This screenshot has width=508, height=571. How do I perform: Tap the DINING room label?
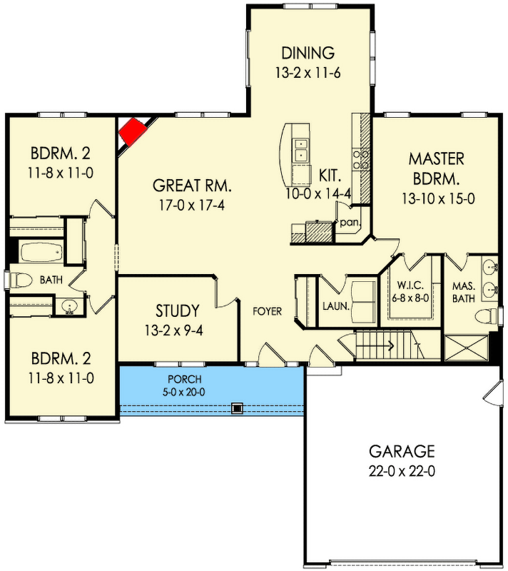point(308,53)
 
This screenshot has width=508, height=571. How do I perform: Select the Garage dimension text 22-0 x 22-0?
point(401,471)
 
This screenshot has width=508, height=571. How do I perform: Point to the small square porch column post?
point(237,408)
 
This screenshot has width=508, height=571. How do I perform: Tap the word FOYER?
point(267,311)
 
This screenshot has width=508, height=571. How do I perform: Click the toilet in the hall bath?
point(20,279)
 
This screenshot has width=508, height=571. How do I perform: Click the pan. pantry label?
point(349,223)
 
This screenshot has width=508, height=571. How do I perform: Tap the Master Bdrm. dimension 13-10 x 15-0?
point(436,199)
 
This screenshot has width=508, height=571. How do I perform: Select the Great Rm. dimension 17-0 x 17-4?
point(192,206)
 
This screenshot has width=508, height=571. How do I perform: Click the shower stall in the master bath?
point(466,348)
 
